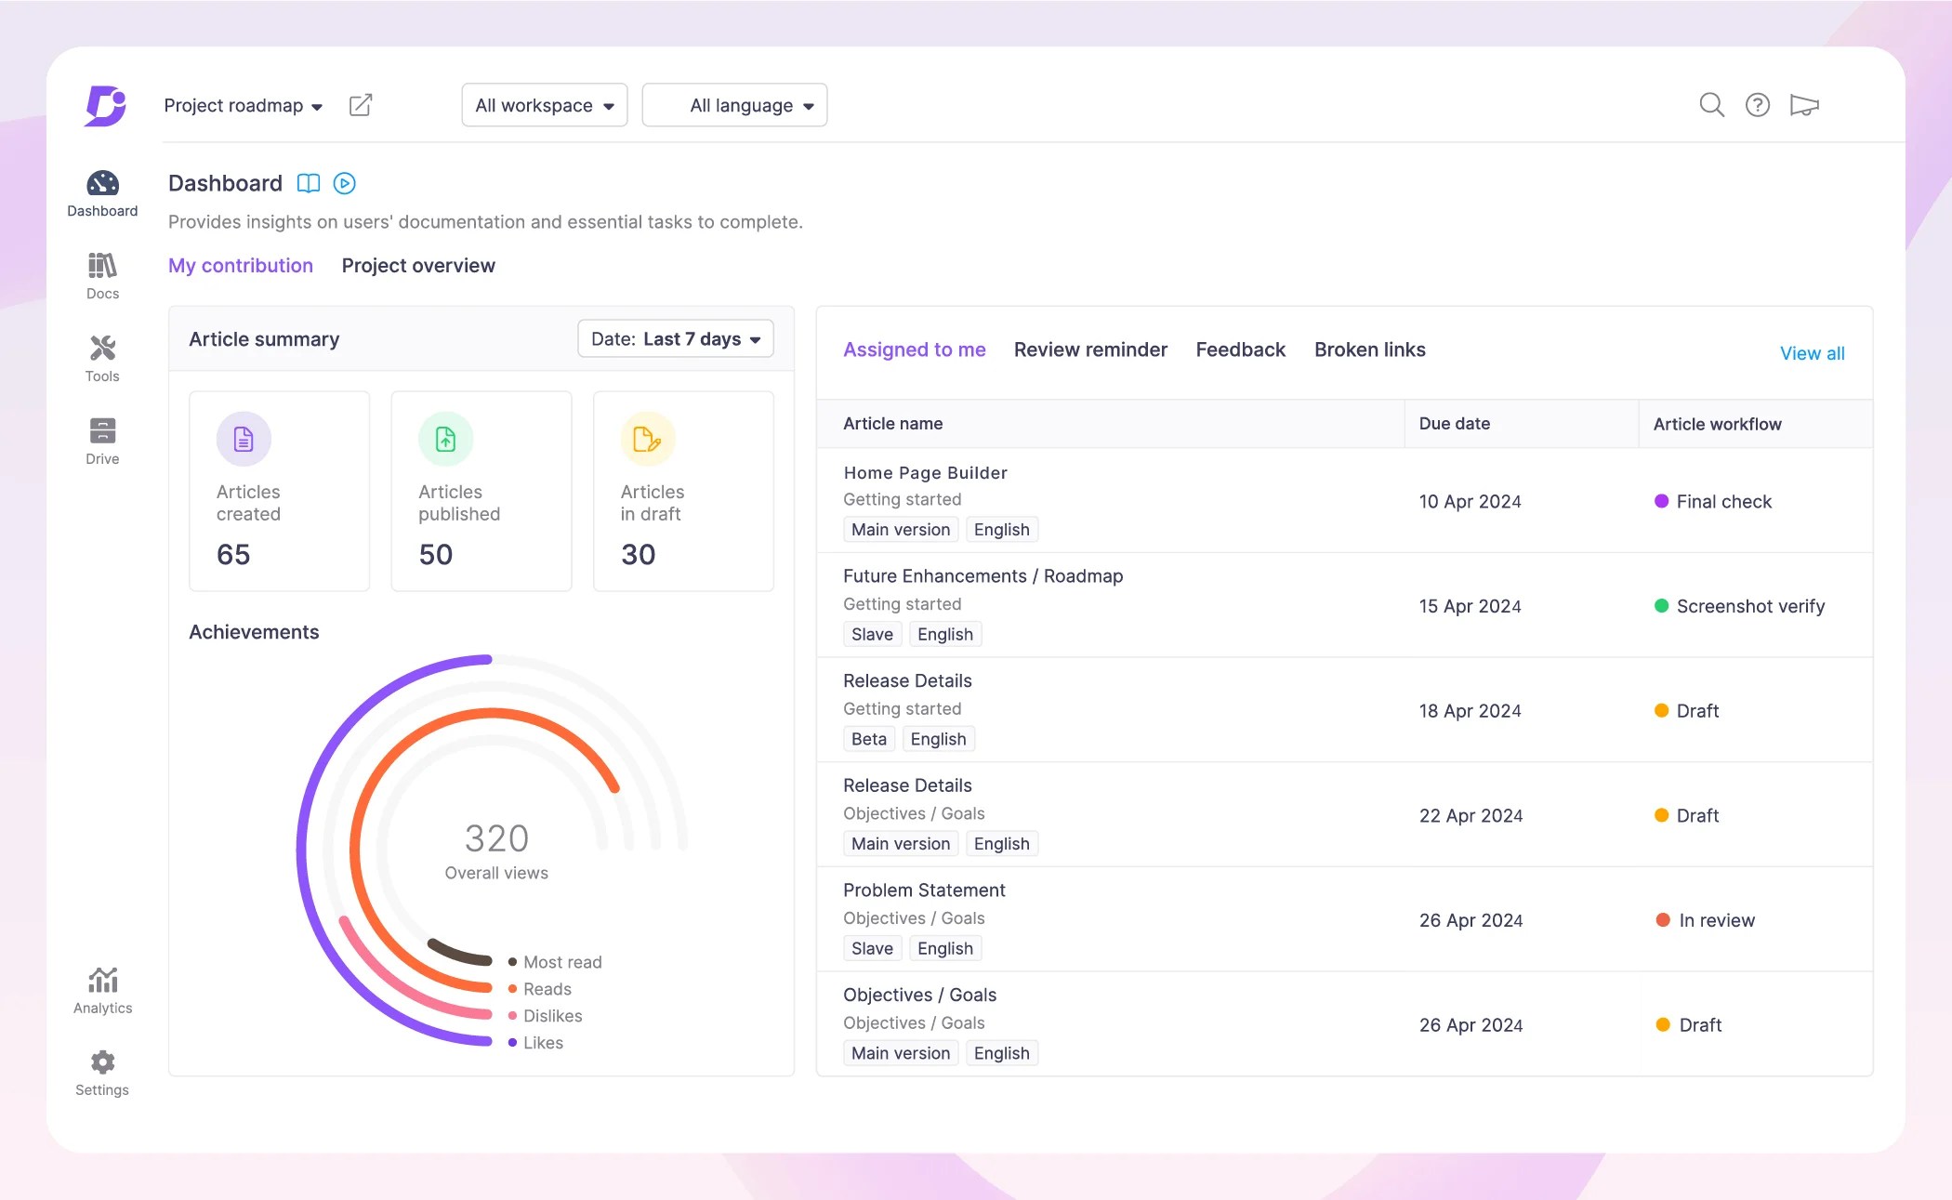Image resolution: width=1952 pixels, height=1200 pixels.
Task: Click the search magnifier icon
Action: pos(1711,105)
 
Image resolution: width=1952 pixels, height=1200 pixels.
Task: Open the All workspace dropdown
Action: pos(544,106)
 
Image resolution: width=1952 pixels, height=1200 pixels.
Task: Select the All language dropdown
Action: pos(734,106)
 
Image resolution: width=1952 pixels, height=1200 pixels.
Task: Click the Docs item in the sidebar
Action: pos(102,276)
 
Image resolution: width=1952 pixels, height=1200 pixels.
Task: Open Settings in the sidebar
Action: pos(102,1073)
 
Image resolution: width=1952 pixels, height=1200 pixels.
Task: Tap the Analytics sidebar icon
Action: pos(102,990)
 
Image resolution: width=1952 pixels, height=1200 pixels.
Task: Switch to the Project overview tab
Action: pos(418,266)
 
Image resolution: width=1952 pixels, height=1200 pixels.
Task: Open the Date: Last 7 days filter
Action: pos(676,339)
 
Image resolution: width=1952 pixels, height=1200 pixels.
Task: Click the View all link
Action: pos(1812,353)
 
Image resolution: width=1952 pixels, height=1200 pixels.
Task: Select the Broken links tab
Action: pos(1369,349)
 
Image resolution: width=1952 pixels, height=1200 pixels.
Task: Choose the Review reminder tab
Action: pos(1090,349)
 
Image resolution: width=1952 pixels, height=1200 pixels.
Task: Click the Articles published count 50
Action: pos(436,555)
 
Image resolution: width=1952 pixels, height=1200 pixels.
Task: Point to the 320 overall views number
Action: pos(496,838)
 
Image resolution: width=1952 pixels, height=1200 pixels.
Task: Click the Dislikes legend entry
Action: pos(552,1016)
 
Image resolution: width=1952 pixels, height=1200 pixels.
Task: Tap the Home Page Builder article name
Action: pos(925,472)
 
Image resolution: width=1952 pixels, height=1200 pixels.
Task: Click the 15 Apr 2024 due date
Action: pos(1470,606)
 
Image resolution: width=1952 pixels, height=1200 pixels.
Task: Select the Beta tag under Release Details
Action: pos(868,739)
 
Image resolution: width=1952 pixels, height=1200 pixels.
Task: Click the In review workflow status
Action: pos(1716,920)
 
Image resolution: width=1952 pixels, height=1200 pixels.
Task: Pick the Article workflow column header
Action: pos(1717,424)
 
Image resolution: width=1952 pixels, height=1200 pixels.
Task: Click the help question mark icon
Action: pos(1757,105)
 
